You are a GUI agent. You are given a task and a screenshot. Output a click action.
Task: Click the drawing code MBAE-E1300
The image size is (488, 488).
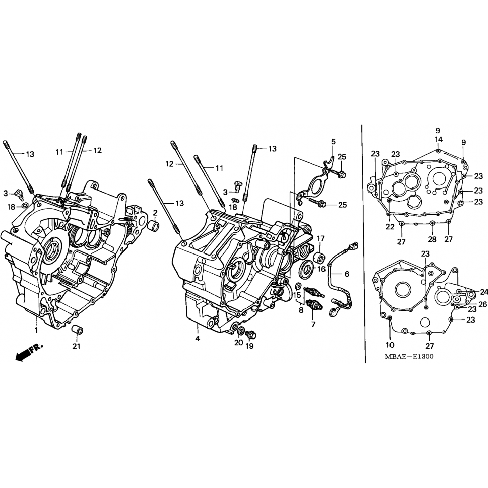(x=409, y=357)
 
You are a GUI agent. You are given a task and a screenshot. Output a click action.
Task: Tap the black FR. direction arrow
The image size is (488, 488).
(x=29, y=352)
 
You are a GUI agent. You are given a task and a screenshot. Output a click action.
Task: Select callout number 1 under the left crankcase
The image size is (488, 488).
(x=36, y=330)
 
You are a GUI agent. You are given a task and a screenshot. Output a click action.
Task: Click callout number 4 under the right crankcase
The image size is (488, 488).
(x=198, y=338)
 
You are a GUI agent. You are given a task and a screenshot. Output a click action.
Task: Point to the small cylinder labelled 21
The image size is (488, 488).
(x=77, y=329)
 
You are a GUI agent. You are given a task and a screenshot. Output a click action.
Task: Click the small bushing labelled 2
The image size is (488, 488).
(x=154, y=226)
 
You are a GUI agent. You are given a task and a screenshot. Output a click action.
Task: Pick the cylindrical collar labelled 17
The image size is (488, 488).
(x=319, y=257)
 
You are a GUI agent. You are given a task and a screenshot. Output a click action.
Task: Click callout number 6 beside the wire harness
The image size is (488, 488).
(x=347, y=274)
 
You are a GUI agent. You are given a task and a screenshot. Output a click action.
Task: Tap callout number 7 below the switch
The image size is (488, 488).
(x=313, y=324)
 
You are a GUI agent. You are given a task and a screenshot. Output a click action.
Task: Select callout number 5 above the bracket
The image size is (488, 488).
(x=333, y=142)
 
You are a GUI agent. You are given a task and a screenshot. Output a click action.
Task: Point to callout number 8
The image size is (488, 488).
(x=301, y=310)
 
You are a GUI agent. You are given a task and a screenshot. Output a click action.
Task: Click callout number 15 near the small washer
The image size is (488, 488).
(x=297, y=295)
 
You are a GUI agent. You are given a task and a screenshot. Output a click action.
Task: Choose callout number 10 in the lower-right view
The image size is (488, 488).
(x=390, y=345)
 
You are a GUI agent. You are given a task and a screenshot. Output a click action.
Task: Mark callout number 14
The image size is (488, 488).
(x=439, y=140)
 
